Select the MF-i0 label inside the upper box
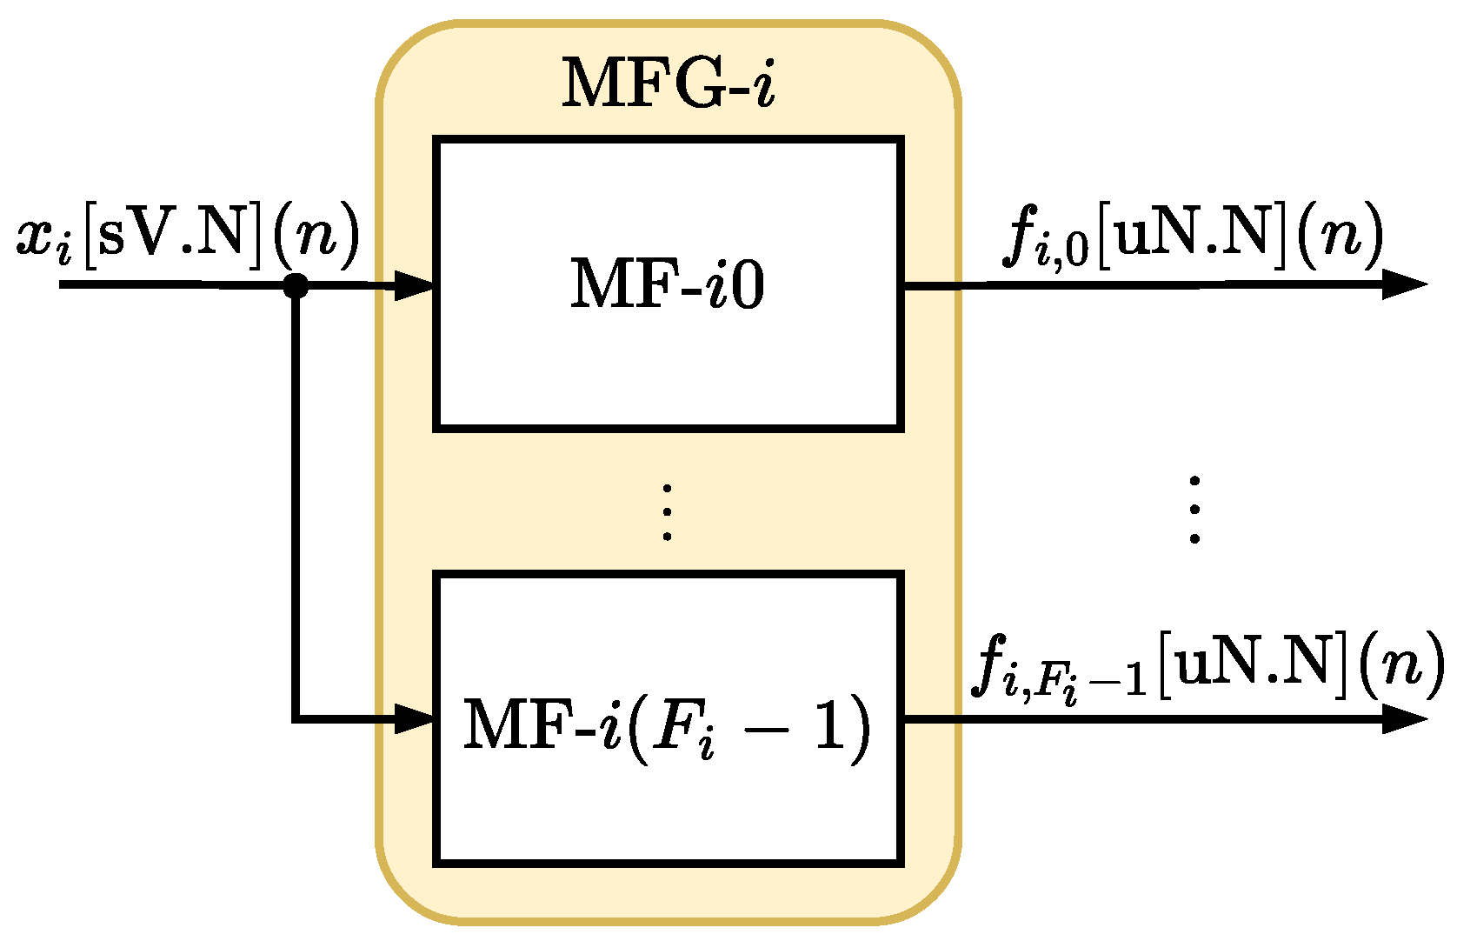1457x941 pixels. pos(668,284)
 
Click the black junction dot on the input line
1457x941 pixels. pos(296,284)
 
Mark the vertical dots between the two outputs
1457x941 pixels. pos(1194,510)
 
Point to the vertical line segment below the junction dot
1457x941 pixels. pos(296,504)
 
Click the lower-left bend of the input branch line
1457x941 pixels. pos(297,718)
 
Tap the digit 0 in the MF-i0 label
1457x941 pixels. pos(748,285)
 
